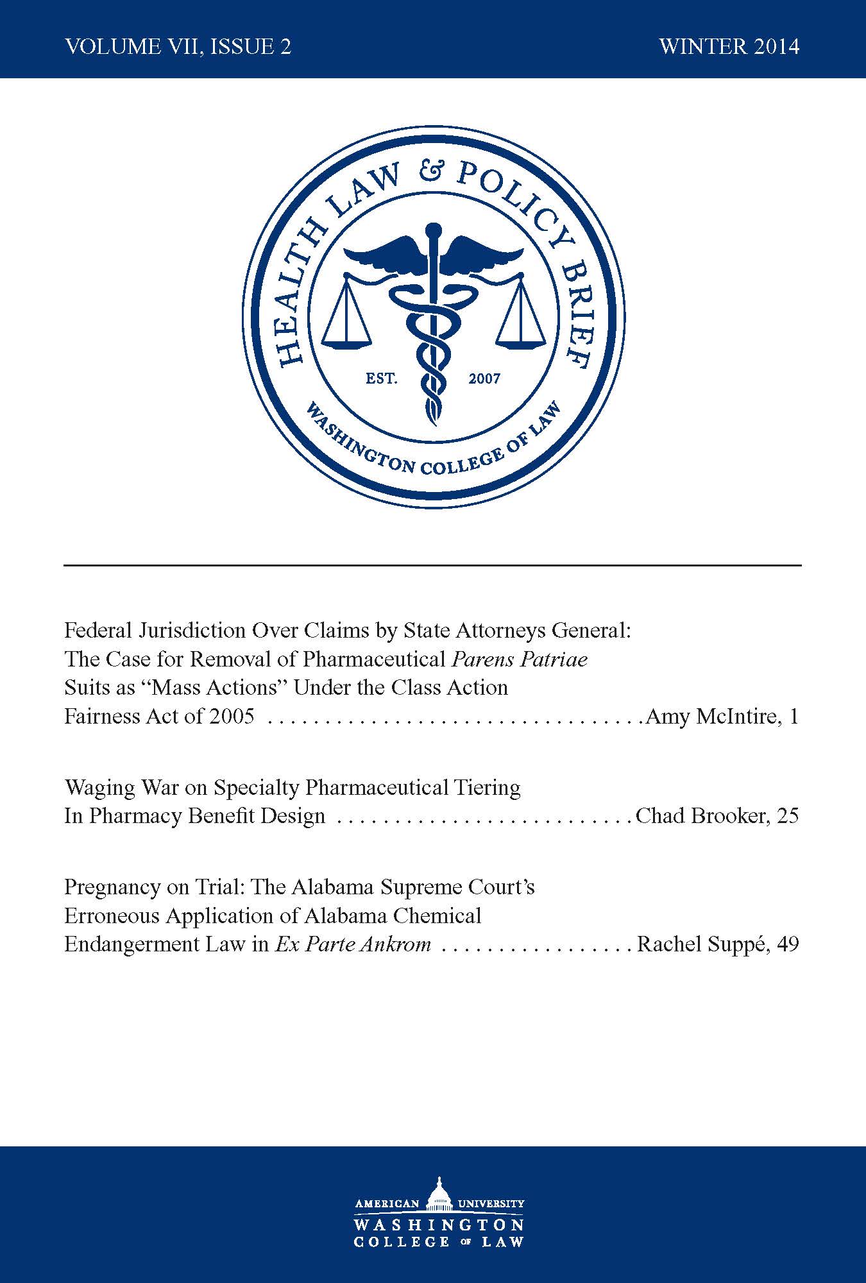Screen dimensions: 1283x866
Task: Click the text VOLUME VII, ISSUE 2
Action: point(178,47)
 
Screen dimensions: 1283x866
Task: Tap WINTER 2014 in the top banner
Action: point(729,47)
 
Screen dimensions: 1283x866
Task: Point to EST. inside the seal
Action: point(382,378)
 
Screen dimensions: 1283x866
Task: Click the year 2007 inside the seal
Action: point(484,378)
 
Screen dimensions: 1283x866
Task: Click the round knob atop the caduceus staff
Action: point(434,230)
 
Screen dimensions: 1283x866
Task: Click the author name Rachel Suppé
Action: point(700,944)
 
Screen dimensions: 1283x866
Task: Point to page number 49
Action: point(788,944)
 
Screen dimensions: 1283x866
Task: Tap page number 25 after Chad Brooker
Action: point(788,816)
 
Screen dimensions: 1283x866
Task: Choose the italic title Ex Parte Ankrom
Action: point(353,944)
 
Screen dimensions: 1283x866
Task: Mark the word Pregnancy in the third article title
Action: point(113,888)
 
